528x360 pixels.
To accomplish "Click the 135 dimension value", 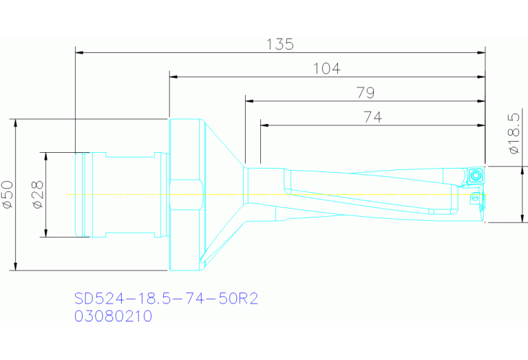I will point(280,44).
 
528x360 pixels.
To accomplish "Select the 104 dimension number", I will point(326,68).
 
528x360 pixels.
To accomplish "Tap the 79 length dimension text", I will point(366,93).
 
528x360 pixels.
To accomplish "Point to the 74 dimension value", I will point(372,117).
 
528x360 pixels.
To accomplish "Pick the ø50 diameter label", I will point(8,195).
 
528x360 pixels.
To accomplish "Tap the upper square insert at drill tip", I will point(476,175).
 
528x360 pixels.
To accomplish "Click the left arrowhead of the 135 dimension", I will point(78,52).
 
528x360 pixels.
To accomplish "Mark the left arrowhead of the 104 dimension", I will point(173,76).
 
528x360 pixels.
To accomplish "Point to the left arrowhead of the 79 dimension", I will point(249,100).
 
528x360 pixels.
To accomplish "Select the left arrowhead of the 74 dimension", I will point(264,125).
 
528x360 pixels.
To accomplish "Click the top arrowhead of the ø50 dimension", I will point(14,123).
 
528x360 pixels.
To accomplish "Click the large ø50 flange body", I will point(184,195).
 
